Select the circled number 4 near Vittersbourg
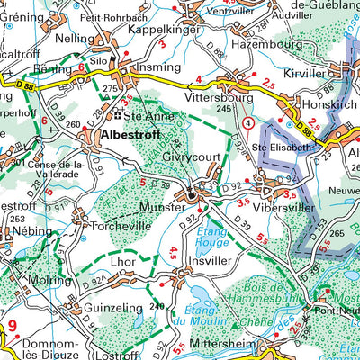(248, 121)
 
